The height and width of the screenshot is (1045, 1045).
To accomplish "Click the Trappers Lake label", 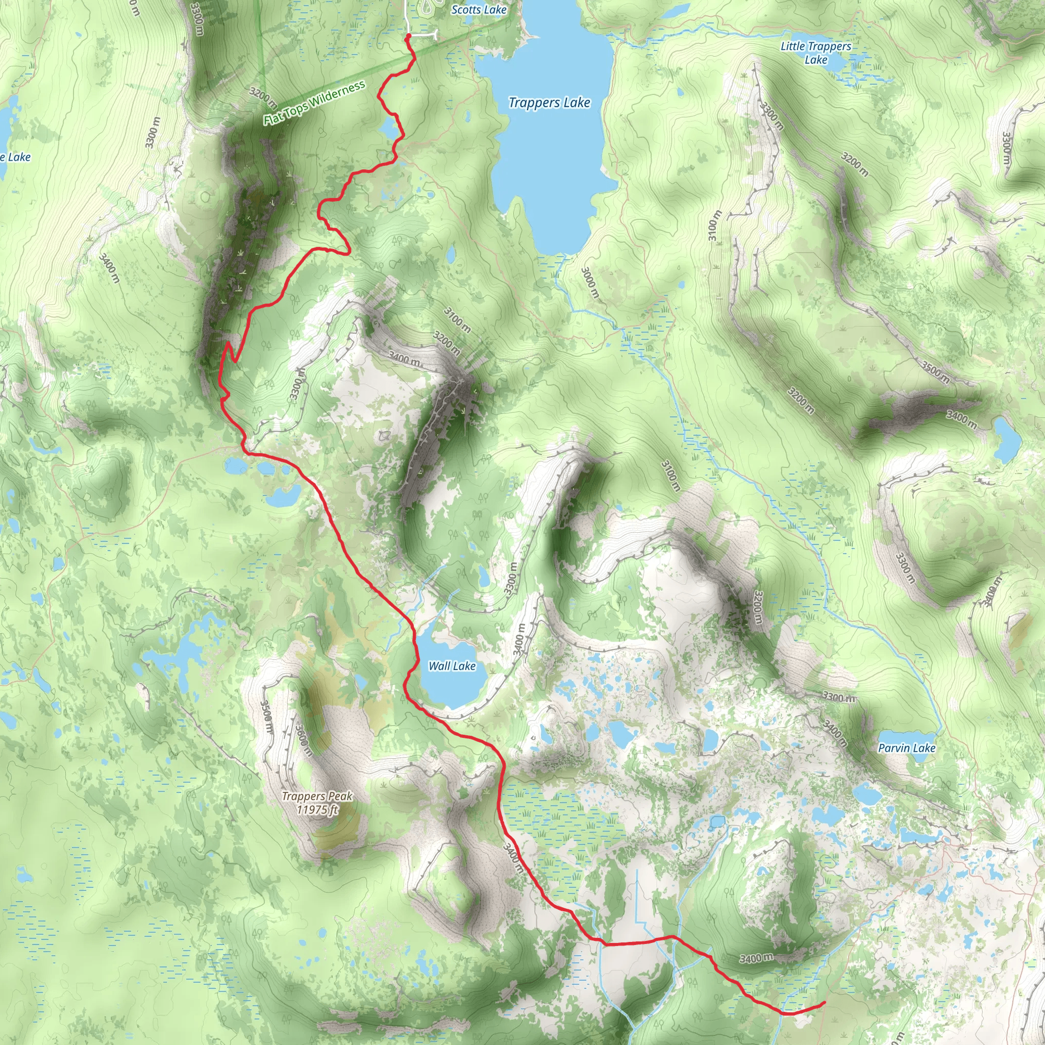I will [549, 103].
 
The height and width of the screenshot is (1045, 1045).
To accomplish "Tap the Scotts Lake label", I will [479, 10].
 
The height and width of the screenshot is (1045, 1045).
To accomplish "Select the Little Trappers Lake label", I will [816, 53].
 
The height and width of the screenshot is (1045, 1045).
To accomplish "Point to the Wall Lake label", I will [452, 666].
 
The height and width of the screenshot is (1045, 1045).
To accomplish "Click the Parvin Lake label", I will [907, 748].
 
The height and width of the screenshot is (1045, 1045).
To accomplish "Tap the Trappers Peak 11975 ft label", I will [317, 803].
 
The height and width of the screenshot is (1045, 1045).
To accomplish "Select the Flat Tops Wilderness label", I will [314, 102].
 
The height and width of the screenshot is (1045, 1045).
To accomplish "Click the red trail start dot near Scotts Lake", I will [408, 36].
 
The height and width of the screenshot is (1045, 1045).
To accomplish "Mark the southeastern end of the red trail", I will [823, 1003].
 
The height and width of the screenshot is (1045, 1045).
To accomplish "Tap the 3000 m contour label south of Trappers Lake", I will [590, 282].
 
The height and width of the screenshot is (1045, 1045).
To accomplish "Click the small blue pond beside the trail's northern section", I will [388, 129].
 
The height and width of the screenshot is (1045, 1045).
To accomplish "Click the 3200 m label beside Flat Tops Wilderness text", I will [263, 97].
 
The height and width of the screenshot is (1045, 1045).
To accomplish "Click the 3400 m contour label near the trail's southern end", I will [756, 958].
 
